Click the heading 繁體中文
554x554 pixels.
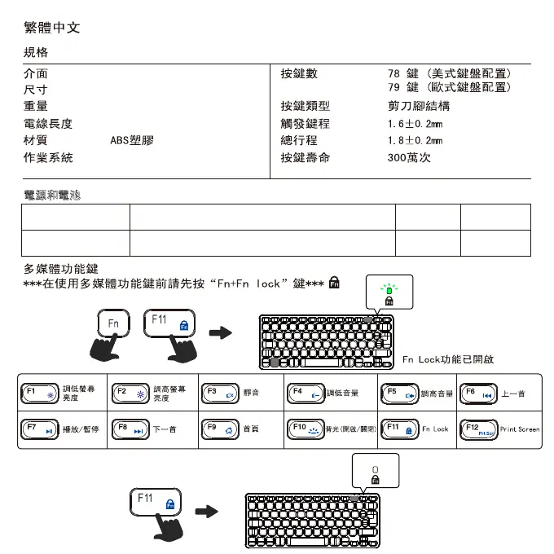coord(51,29)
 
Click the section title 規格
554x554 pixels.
coord(36,53)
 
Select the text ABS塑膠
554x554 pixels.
coord(131,140)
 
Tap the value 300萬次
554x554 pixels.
coord(409,158)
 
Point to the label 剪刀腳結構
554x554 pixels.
coord(419,106)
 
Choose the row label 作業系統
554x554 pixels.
coord(48,158)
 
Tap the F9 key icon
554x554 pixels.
coord(218,429)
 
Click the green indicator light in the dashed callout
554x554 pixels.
coord(389,289)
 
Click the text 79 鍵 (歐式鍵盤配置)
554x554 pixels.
coord(450,87)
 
